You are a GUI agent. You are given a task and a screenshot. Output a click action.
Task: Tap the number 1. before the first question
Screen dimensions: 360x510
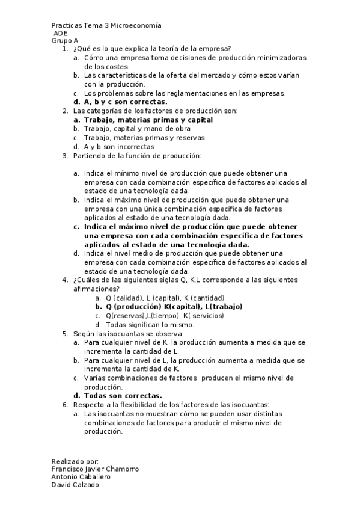tap(65, 49)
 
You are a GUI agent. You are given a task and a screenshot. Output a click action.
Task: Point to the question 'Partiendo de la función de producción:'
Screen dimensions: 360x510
tap(136, 156)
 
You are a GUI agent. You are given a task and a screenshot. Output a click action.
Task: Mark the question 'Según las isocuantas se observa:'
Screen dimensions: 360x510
tap(128, 333)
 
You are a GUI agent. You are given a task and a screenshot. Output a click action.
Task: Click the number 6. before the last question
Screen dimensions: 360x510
tap(65, 404)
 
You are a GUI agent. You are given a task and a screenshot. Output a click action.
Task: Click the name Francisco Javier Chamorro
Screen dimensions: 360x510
tap(96, 469)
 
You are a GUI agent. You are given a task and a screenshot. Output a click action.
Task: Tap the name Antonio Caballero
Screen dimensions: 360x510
tap(81, 477)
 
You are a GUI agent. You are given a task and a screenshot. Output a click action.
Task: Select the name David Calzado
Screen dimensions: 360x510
tap(75, 485)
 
